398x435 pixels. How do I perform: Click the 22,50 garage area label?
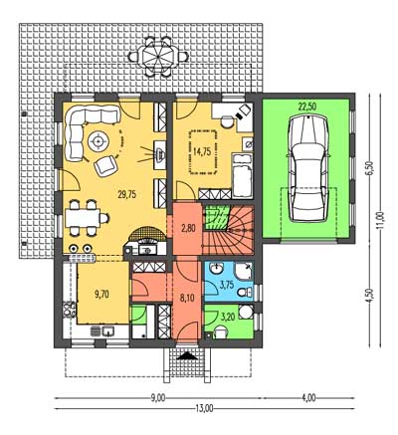coord(306,107)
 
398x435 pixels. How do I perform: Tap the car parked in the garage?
coord(308,168)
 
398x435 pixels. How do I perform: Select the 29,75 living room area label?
coord(126,195)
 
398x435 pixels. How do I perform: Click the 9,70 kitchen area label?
coord(102,294)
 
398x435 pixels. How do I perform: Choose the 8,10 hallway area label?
coord(187,298)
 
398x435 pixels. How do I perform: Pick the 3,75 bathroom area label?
coord(227,285)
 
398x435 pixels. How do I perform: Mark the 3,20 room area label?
coord(228,318)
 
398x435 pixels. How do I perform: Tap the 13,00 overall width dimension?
coord(204,408)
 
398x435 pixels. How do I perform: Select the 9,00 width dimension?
coord(158,398)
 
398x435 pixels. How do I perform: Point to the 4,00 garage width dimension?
coord(308,398)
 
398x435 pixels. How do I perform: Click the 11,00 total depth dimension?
coord(380,220)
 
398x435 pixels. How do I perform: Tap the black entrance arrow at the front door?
coord(187,356)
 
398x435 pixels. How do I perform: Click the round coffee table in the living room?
coord(99,141)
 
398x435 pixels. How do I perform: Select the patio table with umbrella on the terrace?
coord(158,56)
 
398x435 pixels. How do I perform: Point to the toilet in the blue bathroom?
coord(246,292)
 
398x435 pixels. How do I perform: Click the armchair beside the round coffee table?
coord(105,165)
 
